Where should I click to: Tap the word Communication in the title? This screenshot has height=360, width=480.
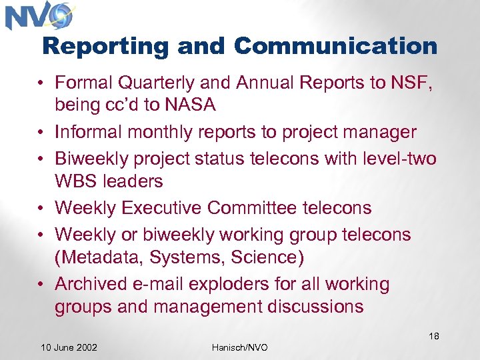pos(336,46)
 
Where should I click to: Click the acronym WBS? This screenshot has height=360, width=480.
pos(75,182)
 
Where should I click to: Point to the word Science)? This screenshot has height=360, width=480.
pos(266,258)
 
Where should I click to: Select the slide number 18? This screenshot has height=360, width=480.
pos(433,336)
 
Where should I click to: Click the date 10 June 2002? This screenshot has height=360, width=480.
pos(69,347)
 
